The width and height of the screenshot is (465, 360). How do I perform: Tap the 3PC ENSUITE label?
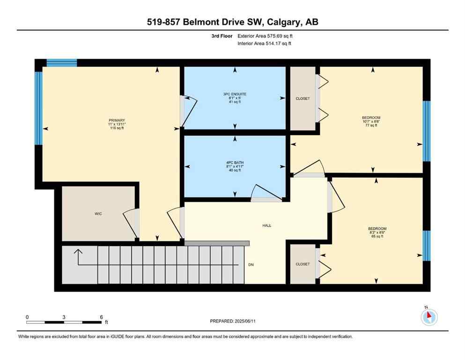(x=235, y=94)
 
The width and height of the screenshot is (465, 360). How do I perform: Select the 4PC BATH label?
(x=235, y=163)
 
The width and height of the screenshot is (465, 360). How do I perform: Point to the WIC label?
(x=98, y=214)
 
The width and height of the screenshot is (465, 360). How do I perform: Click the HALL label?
(x=266, y=225)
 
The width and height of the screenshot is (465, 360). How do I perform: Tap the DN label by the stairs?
(x=251, y=265)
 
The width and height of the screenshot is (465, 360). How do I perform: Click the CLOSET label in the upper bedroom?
(x=303, y=98)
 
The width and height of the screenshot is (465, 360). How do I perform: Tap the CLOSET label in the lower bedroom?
(x=303, y=264)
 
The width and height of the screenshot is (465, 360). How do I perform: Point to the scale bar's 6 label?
(x=101, y=317)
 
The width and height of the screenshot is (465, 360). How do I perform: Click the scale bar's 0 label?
(x=27, y=317)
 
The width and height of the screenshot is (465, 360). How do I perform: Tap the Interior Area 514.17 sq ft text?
(x=265, y=44)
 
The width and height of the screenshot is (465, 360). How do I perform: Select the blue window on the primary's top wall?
(x=62, y=63)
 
